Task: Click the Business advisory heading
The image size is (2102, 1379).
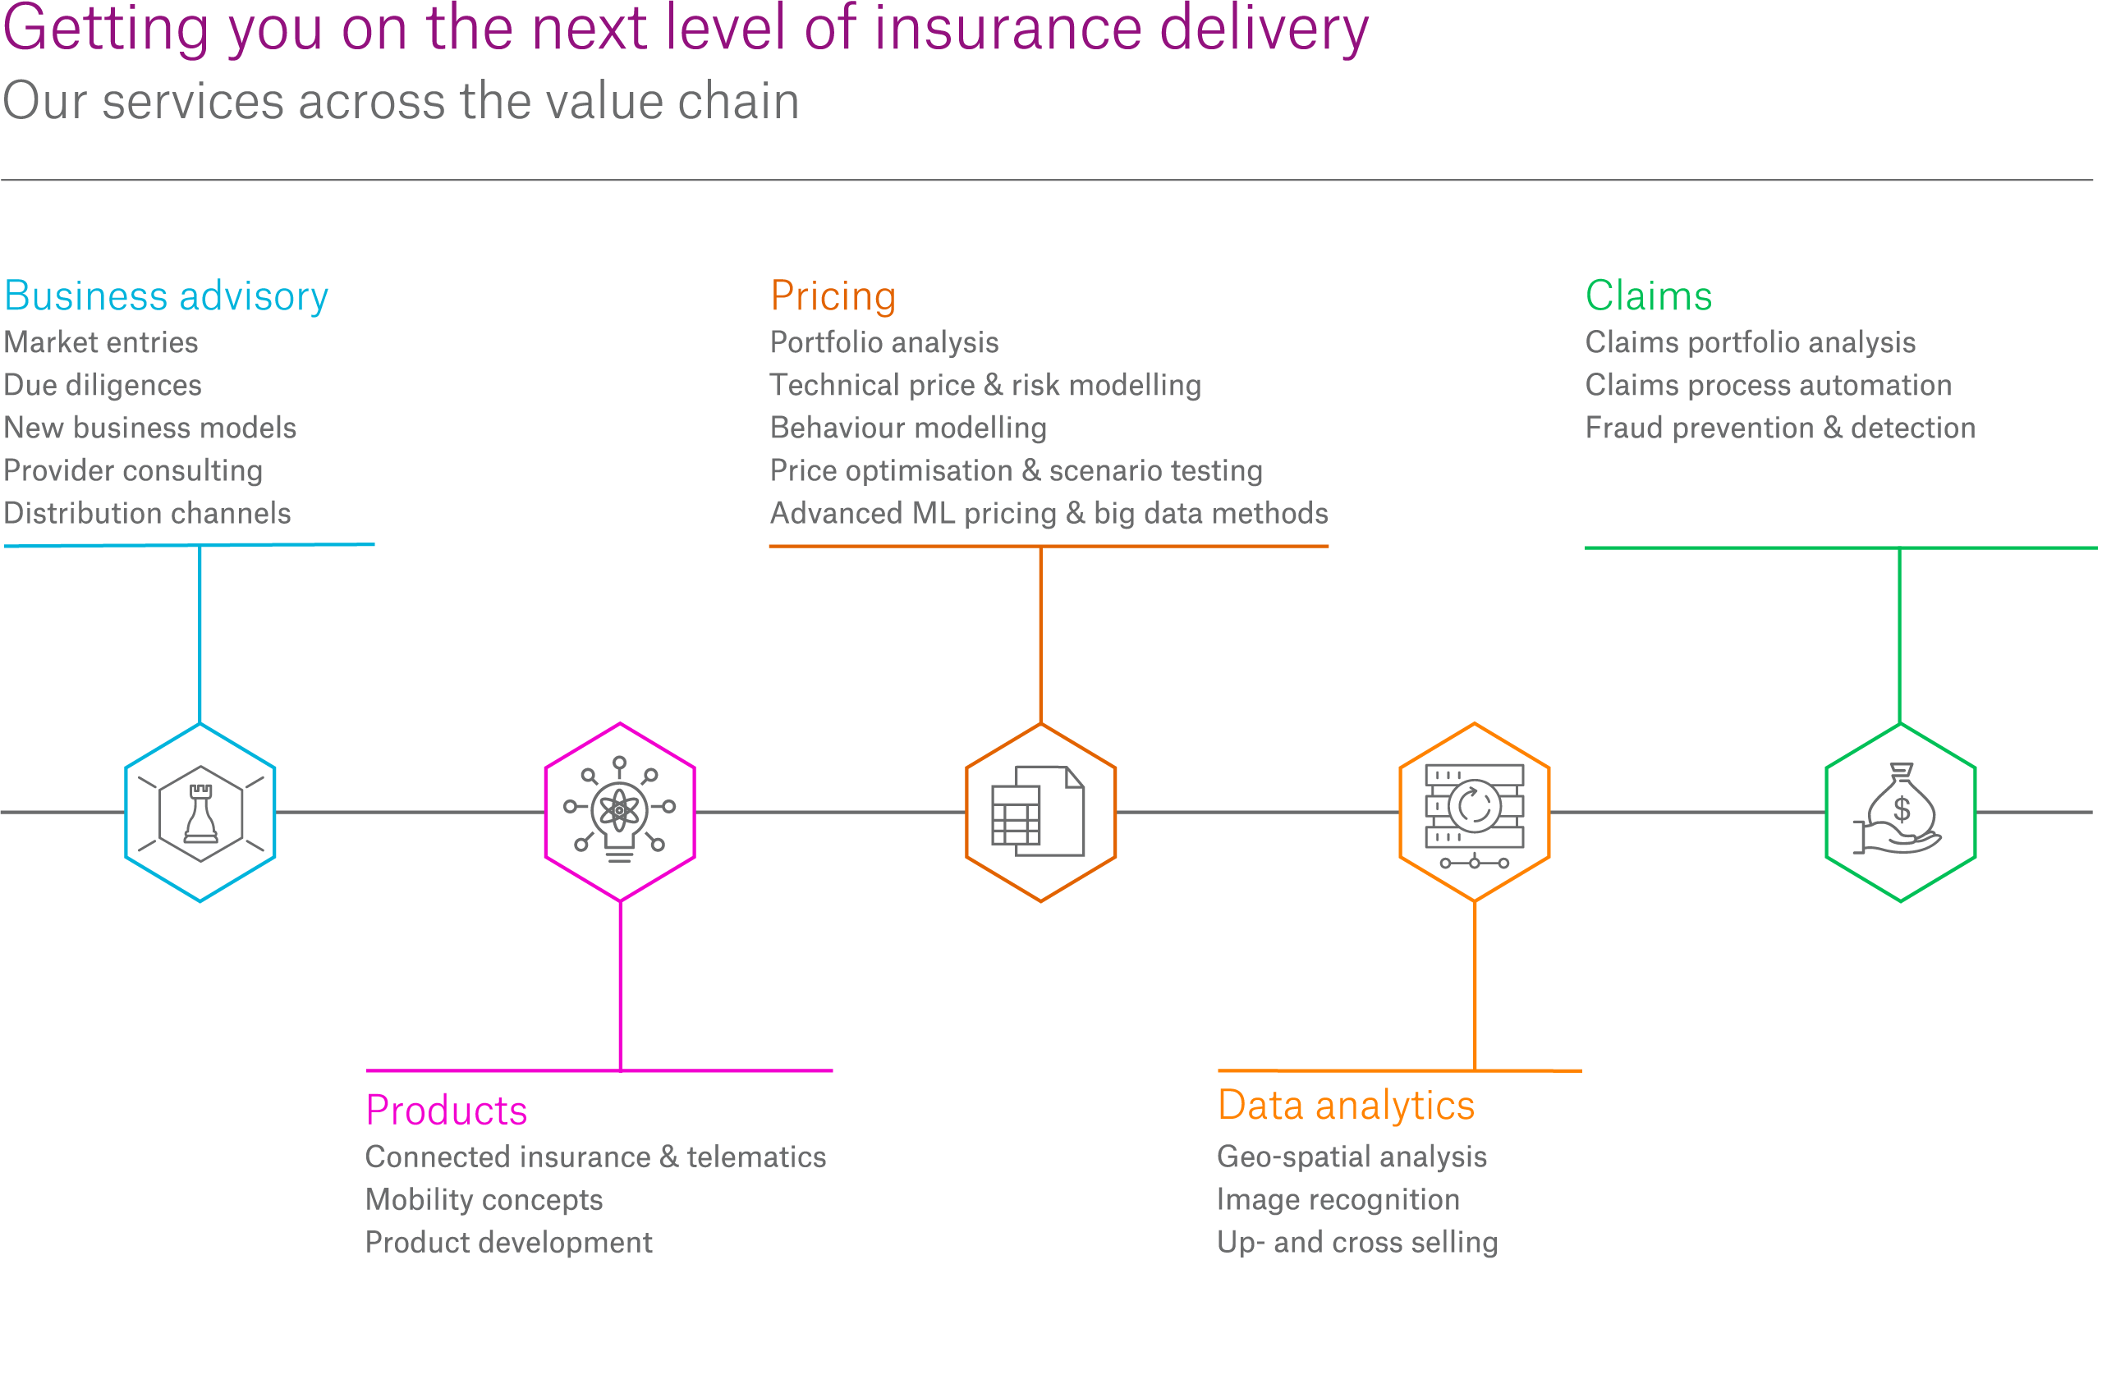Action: (166, 296)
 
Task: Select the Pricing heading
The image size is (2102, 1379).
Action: (833, 296)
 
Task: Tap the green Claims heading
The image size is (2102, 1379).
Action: (1648, 295)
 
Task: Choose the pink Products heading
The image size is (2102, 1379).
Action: (446, 1111)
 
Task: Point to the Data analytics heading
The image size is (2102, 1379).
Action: (1346, 1106)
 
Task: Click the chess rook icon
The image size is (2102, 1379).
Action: (200, 813)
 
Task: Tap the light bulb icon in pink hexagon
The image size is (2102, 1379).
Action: (619, 809)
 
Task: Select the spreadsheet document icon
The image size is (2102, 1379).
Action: (1038, 810)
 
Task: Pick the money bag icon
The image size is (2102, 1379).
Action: (1897, 808)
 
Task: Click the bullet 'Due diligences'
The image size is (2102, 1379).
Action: (103, 386)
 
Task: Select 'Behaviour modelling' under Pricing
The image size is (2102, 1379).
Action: (908, 428)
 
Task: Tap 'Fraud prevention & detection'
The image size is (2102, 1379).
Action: (1779, 428)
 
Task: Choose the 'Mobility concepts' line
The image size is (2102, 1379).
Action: (484, 1200)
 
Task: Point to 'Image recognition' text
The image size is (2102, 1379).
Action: (1338, 1200)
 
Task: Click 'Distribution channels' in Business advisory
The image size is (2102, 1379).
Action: (148, 514)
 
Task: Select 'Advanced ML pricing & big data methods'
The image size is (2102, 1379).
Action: (1049, 514)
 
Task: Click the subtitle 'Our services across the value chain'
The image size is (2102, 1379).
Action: (401, 101)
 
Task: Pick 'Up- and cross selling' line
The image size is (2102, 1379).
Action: (1357, 1242)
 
